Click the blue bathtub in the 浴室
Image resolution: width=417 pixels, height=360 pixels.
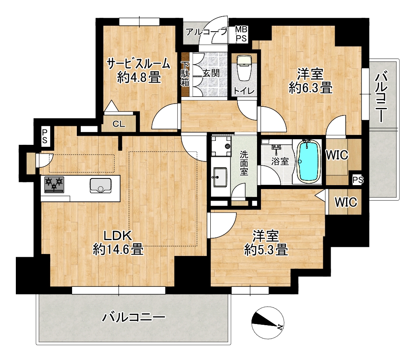tap(307, 161)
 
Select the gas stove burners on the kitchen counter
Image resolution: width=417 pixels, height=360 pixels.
tap(54, 184)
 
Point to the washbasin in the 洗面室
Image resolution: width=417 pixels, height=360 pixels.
tap(219, 177)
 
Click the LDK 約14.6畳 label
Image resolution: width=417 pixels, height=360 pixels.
tap(118, 243)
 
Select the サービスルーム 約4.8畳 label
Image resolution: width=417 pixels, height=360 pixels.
tap(138, 70)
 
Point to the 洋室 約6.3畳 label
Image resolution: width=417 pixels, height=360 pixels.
tap(310, 81)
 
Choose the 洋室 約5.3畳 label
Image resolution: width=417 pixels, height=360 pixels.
tap(266, 243)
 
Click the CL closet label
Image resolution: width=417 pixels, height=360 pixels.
tap(119, 124)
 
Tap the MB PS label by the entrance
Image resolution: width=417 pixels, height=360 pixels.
tap(242, 34)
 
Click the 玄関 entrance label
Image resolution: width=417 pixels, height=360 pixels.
tap(211, 73)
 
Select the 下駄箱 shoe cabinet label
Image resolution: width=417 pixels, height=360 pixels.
tap(185, 74)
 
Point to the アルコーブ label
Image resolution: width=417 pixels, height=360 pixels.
tap(207, 32)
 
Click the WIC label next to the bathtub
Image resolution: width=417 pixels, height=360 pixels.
tap(337, 155)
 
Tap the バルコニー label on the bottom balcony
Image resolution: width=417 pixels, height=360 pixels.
tap(134, 317)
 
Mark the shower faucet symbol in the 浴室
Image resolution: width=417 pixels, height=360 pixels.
tap(276, 149)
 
